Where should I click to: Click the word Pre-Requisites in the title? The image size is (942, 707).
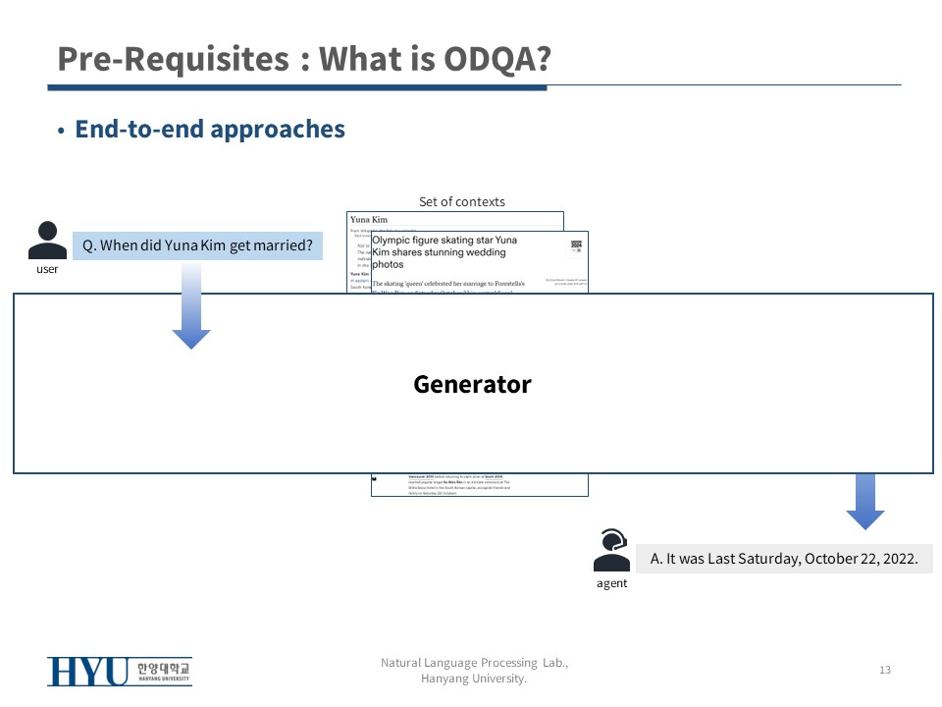173,59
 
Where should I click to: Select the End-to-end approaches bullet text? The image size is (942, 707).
210,129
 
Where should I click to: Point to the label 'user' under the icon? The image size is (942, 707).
47,269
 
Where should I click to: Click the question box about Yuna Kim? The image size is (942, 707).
197,245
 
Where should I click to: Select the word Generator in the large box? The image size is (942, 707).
472,384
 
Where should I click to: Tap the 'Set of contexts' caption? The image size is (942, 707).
462,201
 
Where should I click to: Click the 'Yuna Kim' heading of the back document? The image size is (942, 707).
370,220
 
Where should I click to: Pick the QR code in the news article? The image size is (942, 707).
576,246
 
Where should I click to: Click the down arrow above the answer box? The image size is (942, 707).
864,502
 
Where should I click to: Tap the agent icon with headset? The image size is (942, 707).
611,551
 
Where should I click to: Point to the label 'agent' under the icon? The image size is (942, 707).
611,583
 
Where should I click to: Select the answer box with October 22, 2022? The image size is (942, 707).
784,559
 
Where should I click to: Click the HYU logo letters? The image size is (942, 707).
88,672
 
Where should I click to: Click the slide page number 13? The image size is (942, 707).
884,670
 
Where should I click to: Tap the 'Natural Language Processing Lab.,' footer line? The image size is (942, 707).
474,663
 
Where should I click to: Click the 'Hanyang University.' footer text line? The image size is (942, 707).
474,679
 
